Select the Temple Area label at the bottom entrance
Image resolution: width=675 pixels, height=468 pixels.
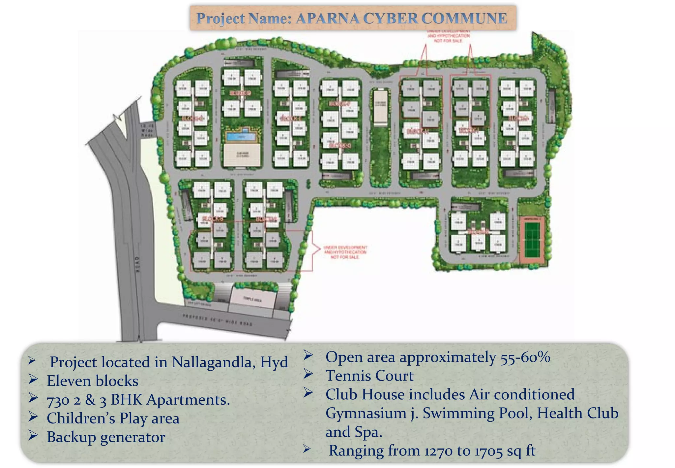click(x=252, y=299)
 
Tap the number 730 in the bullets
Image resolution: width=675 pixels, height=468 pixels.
click(x=58, y=400)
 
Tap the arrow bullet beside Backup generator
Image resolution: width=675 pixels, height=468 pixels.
click(x=33, y=436)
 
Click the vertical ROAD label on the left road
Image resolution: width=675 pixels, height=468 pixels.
click(x=138, y=264)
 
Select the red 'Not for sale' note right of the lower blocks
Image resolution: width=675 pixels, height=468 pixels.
click(x=345, y=252)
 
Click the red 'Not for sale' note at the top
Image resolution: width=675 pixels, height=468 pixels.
click(x=448, y=36)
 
